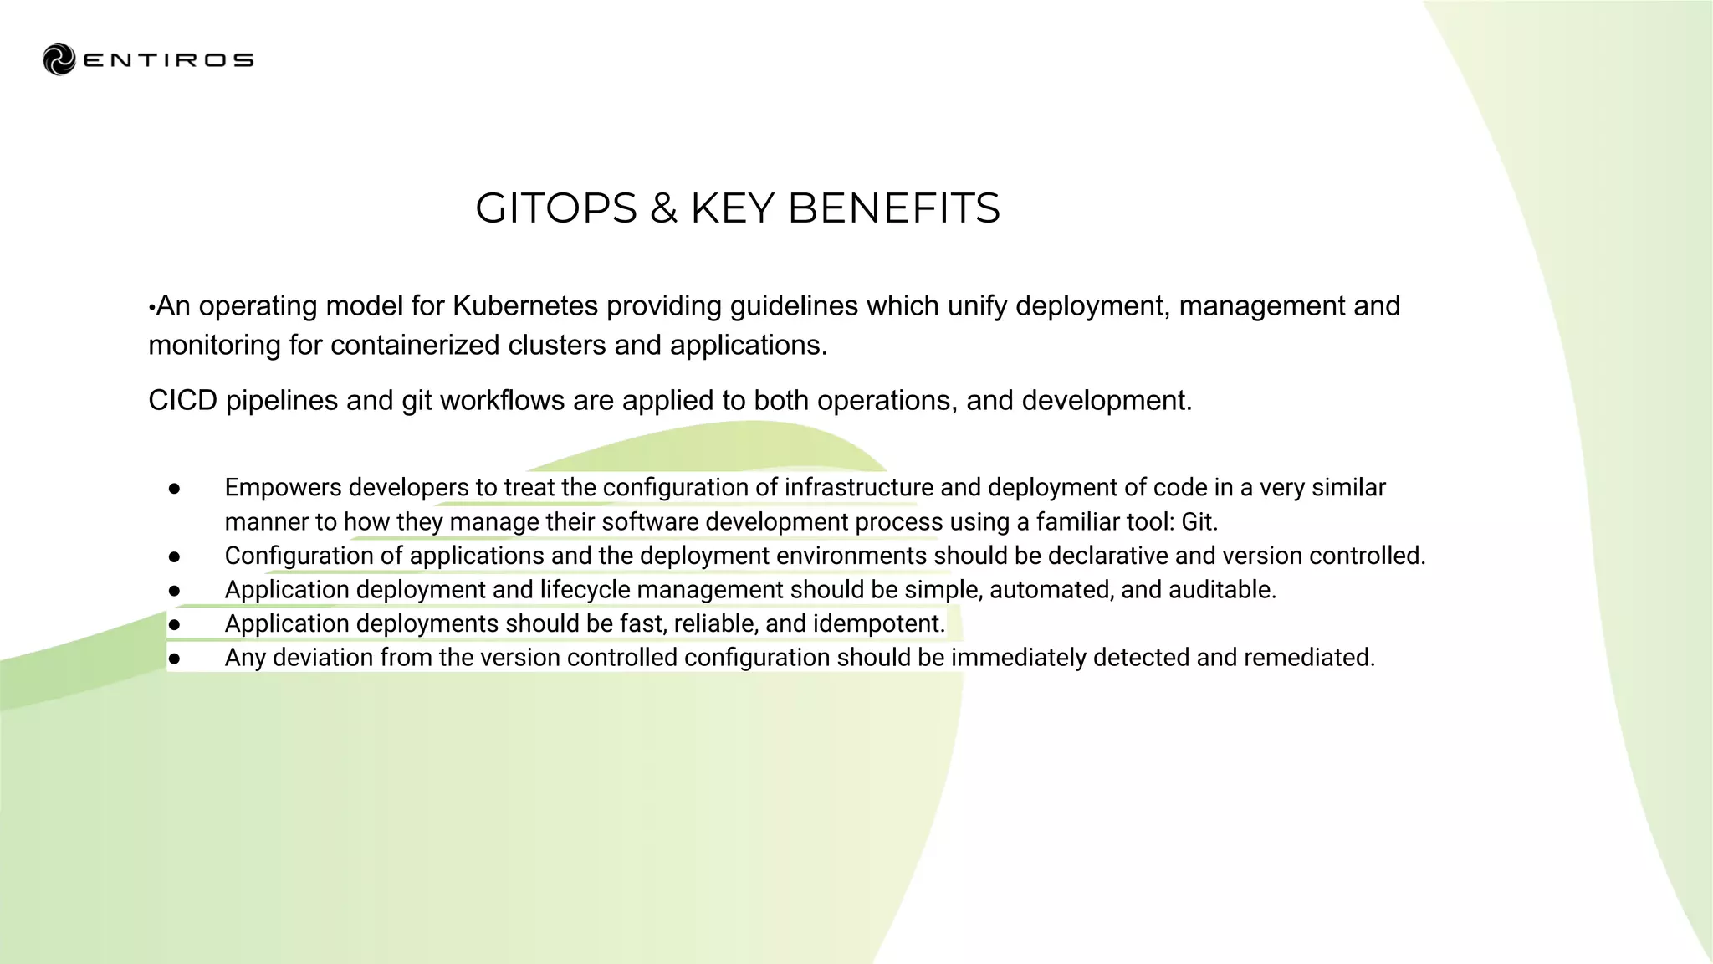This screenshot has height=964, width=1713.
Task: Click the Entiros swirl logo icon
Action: [59, 59]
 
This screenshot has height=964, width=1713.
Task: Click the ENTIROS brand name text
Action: [169, 60]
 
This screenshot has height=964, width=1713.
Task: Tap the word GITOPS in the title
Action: [556, 208]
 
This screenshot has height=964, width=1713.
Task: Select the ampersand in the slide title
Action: [663, 208]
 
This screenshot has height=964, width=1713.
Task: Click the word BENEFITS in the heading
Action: [893, 208]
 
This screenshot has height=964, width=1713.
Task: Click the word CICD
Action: [183, 401]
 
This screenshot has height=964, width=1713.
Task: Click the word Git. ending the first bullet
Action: [1199, 522]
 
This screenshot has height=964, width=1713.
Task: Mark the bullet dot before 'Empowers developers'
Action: [174, 489]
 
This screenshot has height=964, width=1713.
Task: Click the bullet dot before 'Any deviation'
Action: [174, 659]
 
